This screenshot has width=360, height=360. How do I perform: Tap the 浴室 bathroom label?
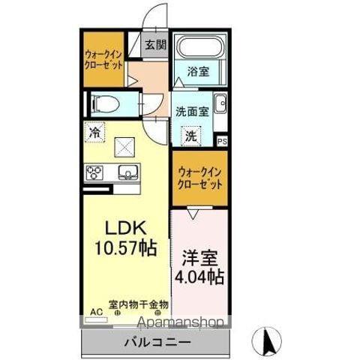[x=199, y=72]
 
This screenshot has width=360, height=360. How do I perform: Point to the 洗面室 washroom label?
[x=191, y=111]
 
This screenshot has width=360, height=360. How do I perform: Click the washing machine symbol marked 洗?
[x=191, y=136]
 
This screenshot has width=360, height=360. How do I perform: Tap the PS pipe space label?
[x=222, y=140]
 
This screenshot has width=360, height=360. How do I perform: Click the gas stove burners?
[x=96, y=173]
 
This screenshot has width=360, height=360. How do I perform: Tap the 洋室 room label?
[x=198, y=259]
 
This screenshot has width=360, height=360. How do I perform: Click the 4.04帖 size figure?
[x=199, y=277]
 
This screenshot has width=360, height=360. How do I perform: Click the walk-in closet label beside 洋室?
[x=199, y=178]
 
